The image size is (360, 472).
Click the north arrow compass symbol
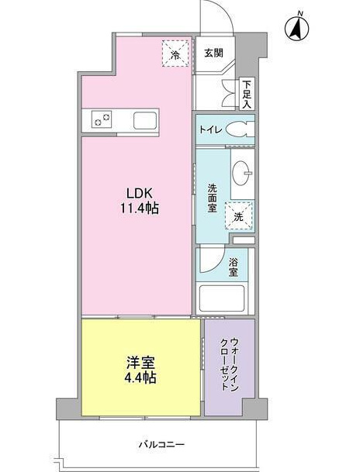click(296, 29)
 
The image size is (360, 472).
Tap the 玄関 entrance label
click(213, 53)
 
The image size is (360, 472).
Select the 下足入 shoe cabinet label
click(247, 93)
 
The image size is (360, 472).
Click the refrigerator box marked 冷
click(175, 53)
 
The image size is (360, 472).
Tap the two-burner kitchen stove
click(102, 119)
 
